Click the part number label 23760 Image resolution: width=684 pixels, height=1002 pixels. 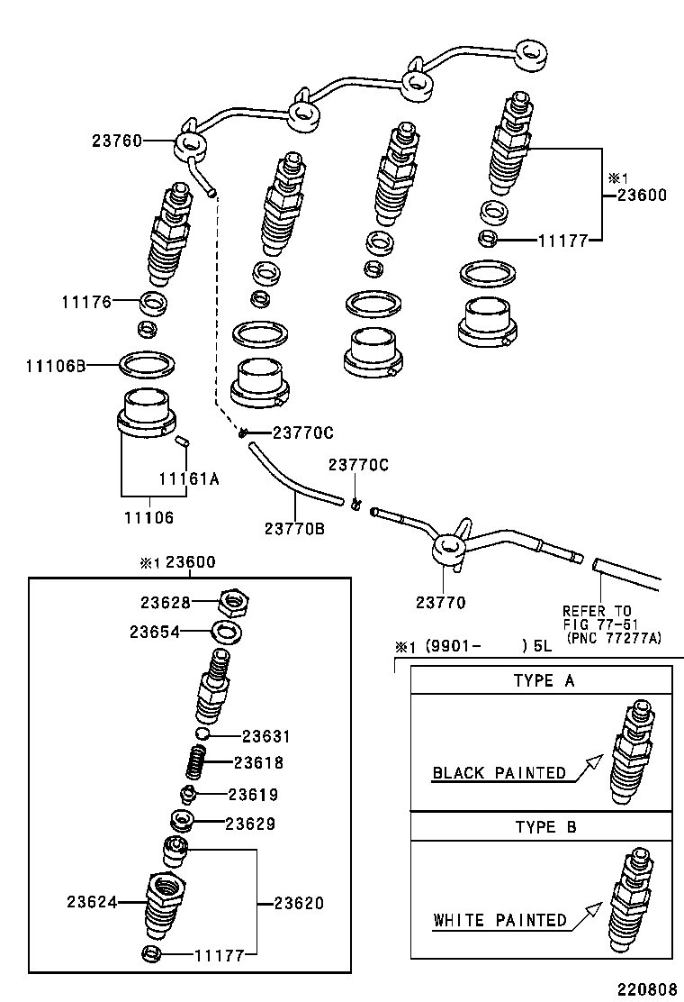[117, 141]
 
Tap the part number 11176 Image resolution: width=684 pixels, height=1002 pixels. [85, 302]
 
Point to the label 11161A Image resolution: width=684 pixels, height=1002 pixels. [189, 479]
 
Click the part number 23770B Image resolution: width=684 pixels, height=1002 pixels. [294, 529]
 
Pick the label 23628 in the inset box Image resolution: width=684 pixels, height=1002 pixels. [165, 601]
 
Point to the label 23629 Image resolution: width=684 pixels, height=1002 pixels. [250, 824]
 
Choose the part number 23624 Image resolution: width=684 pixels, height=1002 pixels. [92, 901]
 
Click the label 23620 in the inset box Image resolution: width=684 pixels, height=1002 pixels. [299, 903]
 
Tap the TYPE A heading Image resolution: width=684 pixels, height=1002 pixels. [544, 680]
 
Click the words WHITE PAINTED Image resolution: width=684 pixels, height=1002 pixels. [499, 920]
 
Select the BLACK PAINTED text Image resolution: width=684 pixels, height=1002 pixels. [499, 772]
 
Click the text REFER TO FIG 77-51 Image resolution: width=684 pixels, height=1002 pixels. [598, 617]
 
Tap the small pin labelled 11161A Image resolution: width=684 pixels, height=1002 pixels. [182, 441]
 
